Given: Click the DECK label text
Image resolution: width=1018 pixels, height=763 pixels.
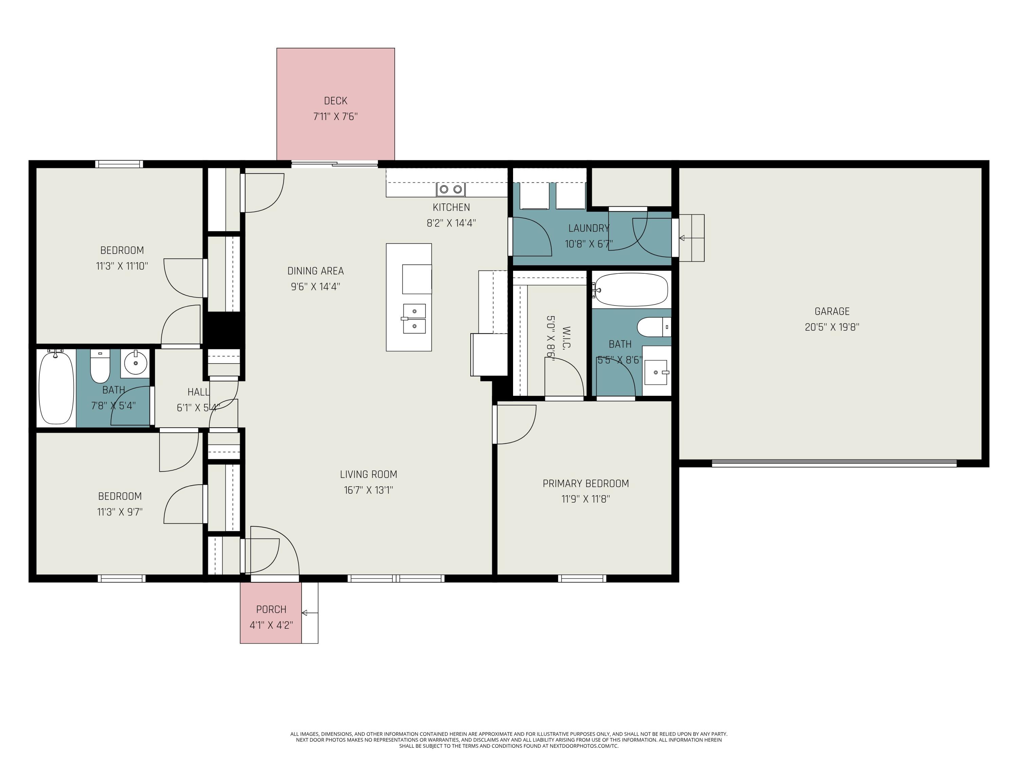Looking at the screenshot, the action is [336, 101].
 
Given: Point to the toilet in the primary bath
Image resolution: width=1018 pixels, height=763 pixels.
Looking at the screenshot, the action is [654, 327].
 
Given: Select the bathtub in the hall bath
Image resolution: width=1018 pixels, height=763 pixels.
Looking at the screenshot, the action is [56, 388].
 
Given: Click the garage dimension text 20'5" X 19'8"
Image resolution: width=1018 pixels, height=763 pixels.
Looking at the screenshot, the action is [832, 327].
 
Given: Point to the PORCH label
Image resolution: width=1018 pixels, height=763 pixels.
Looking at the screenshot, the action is [271, 609].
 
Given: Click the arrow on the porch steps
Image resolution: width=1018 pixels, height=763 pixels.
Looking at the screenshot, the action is [310, 613].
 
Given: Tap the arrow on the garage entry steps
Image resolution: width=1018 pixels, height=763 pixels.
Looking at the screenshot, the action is [692, 238].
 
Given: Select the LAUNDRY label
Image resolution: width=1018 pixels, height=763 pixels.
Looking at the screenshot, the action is [589, 228].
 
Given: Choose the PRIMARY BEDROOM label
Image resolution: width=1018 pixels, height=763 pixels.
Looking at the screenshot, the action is [585, 483].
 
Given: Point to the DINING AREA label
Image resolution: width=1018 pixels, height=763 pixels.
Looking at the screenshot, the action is [315, 271].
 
